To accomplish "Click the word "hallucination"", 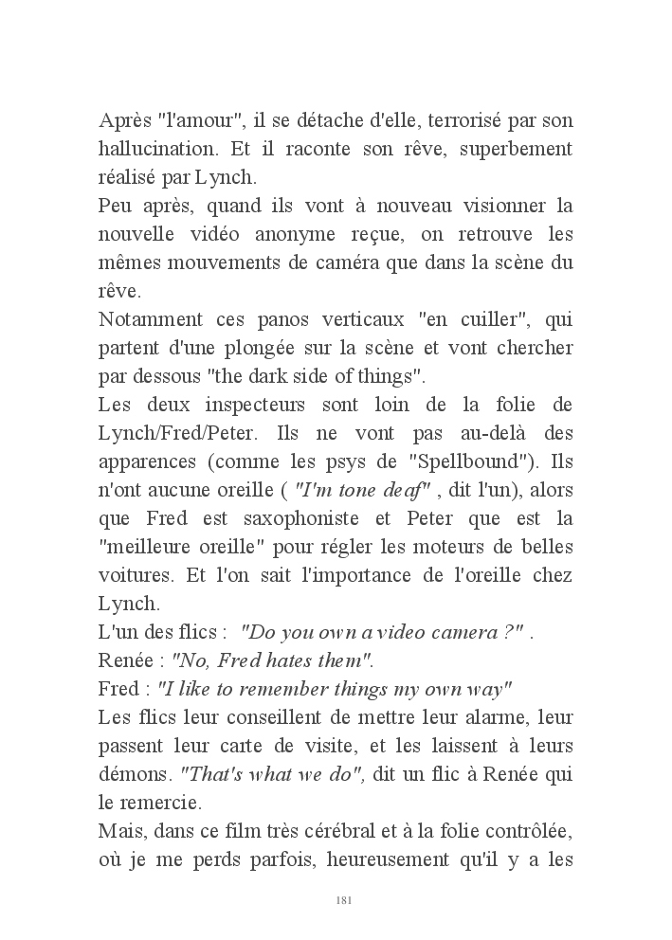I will tap(154, 150).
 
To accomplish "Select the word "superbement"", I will tap(519, 150).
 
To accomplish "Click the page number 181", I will tap(344, 899).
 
